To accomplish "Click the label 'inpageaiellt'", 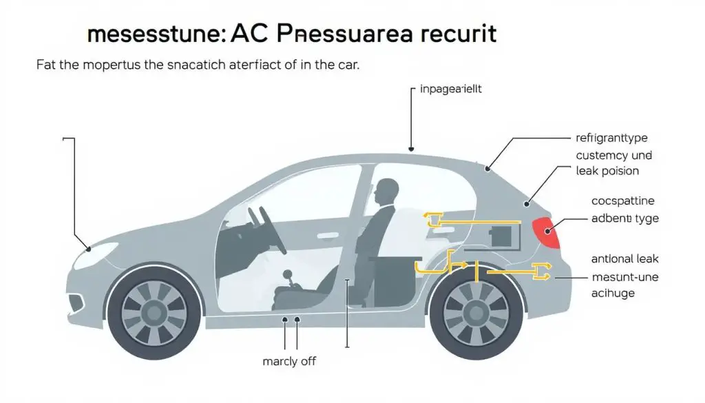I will (450, 90).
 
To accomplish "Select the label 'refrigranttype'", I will (611, 138).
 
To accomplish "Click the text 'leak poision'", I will (607, 171).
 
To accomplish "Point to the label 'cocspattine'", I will (623, 201).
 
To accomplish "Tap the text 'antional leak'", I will (625, 259).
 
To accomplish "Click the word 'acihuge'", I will (613, 293).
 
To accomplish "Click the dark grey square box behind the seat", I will (502, 236).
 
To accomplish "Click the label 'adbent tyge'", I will (625, 218).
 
